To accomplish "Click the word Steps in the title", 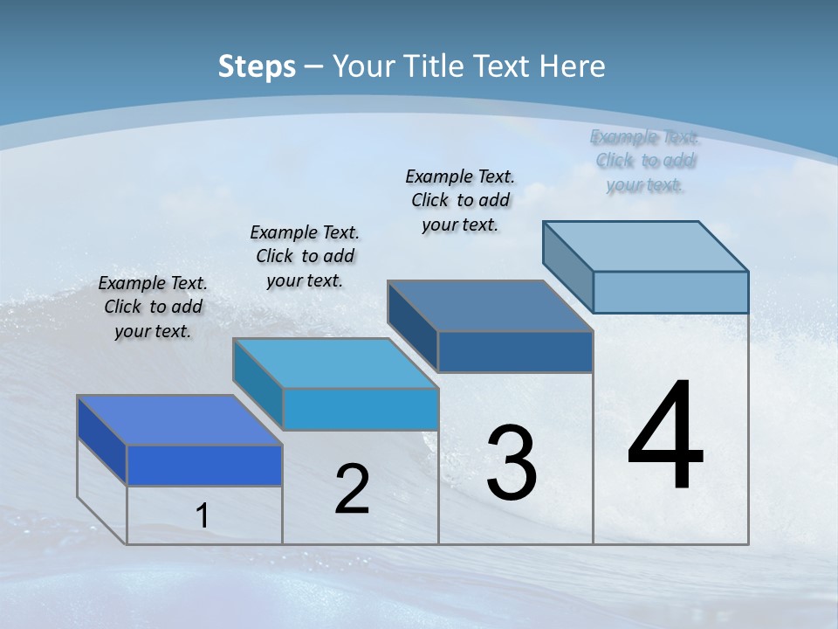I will point(256,66).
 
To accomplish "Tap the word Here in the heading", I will point(572,66).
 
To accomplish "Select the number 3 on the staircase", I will point(512,463).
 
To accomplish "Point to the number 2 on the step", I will point(352,489).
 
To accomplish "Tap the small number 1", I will point(202,516).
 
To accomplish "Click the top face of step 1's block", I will point(180,420).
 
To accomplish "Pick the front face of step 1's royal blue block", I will point(204,465).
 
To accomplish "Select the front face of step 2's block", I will point(360,409).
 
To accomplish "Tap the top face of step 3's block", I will point(490,306).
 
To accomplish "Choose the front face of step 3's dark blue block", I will point(515,351).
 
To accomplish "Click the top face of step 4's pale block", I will point(646,245).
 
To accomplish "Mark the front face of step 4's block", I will point(670,292).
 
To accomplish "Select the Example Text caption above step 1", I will point(153,307).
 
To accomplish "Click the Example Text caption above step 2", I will point(305,256).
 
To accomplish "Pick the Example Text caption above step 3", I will point(460,200).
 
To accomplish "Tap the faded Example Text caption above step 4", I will point(644,161).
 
